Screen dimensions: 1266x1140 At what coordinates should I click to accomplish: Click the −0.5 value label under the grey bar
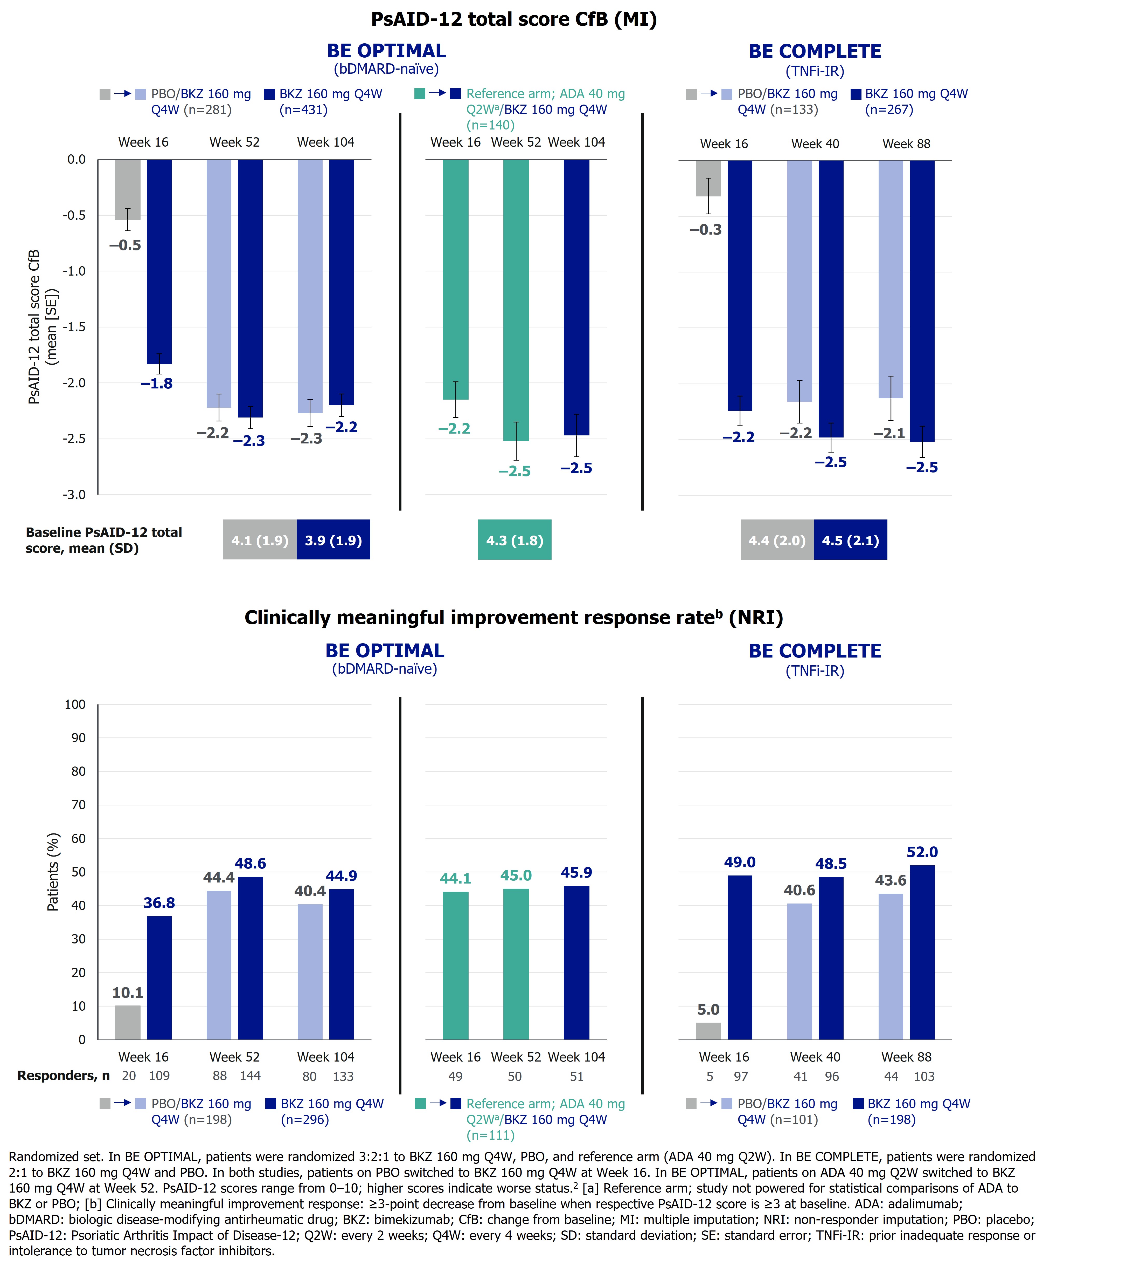pyautogui.click(x=125, y=245)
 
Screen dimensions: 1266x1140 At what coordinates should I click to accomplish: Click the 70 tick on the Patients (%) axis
pyautogui.click(x=78, y=805)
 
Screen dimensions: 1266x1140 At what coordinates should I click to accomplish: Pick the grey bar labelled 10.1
pyautogui.click(x=128, y=1022)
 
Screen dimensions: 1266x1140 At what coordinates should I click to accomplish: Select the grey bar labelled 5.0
pyautogui.click(x=708, y=1031)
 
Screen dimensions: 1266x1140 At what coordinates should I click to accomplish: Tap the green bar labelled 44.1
pyautogui.click(x=455, y=965)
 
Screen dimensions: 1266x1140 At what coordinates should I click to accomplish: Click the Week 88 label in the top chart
pyautogui.click(x=906, y=144)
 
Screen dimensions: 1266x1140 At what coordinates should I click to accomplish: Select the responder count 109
pyautogui.click(x=159, y=1076)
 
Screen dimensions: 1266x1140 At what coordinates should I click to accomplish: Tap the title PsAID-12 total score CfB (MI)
pyautogui.click(x=514, y=19)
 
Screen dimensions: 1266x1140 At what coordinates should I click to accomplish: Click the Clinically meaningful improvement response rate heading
pyautogui.click(x=514, y=618)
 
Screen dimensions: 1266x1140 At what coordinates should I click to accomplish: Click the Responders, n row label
pyautogui.click(x=63, y=1076)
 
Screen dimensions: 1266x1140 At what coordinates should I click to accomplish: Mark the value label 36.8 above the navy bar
pyautogui.click(x=159, y=903)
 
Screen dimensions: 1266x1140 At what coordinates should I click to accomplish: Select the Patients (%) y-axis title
pyautogui.click(x=53, y=872)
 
